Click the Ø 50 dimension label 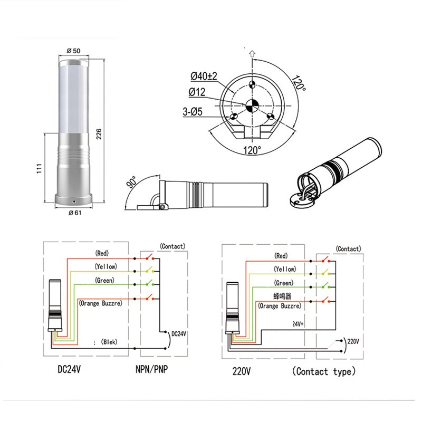tap(73, 51)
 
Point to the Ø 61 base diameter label tap(74, 213)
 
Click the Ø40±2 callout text tap(204, 77)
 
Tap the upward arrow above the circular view tap(252, 53)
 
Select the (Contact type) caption tap(323, 371)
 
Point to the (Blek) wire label tap(109, 342)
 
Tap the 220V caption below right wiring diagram tap(241, 371)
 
